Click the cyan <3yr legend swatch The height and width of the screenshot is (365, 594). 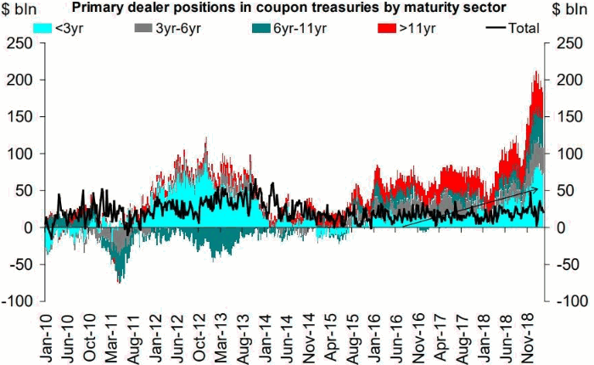pos(42,27)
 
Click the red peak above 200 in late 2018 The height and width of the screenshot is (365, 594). pos(536,75)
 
